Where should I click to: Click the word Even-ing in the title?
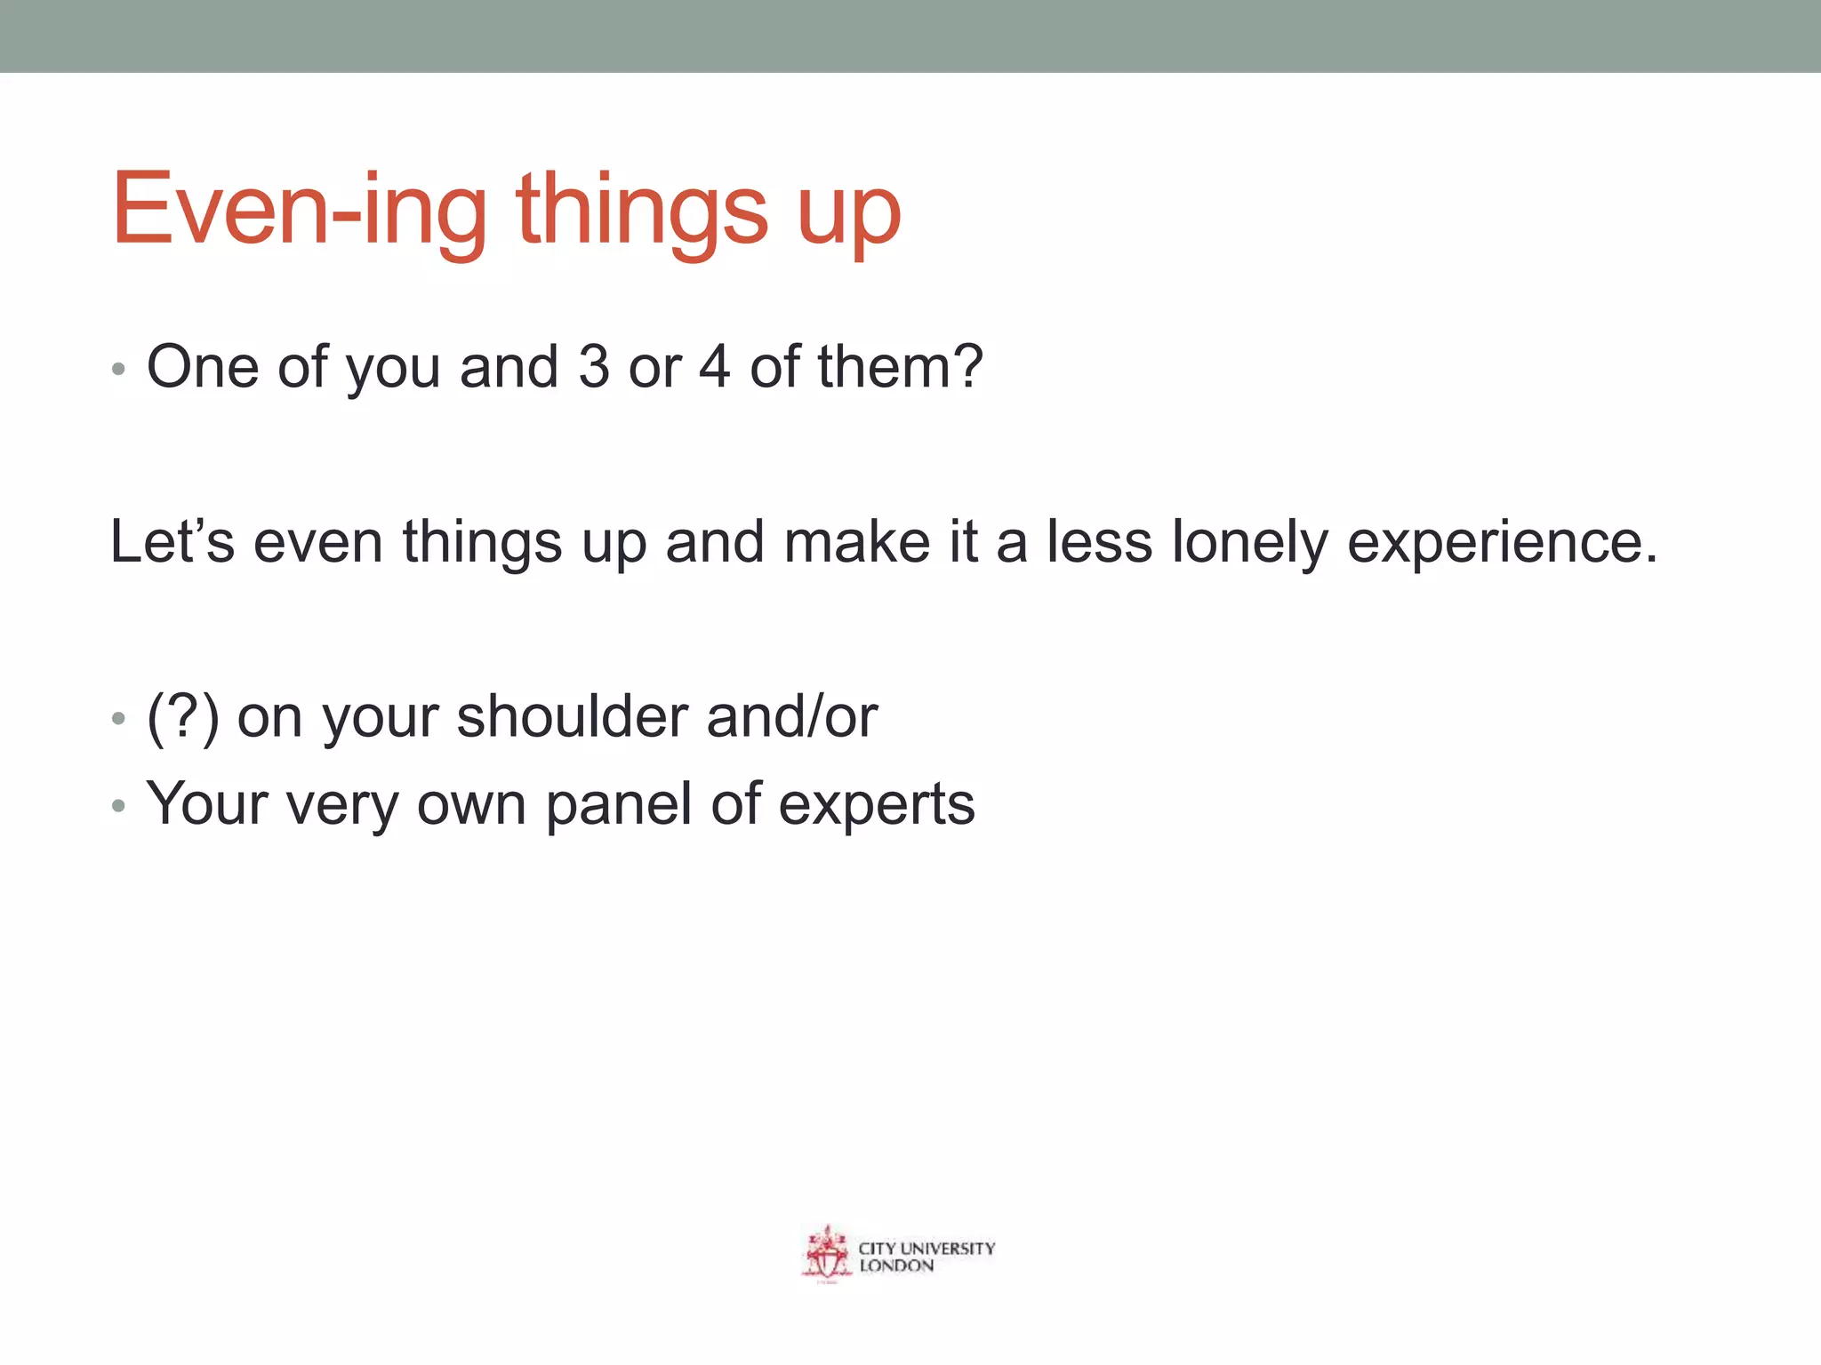(299, 211)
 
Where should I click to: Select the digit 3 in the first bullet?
(593, 366)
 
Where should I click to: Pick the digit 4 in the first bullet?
(714, 366)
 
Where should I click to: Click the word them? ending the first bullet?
(900, 366)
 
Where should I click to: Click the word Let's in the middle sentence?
(172, 541)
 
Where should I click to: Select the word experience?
(1502, 543)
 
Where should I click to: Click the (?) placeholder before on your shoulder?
(182, 717)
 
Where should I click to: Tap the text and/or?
(791, 716)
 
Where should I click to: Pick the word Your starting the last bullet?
(207, 803)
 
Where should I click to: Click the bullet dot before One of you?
(118, 369)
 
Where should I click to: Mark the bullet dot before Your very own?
(118, 807)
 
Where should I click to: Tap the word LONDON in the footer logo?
(896, 1266)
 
